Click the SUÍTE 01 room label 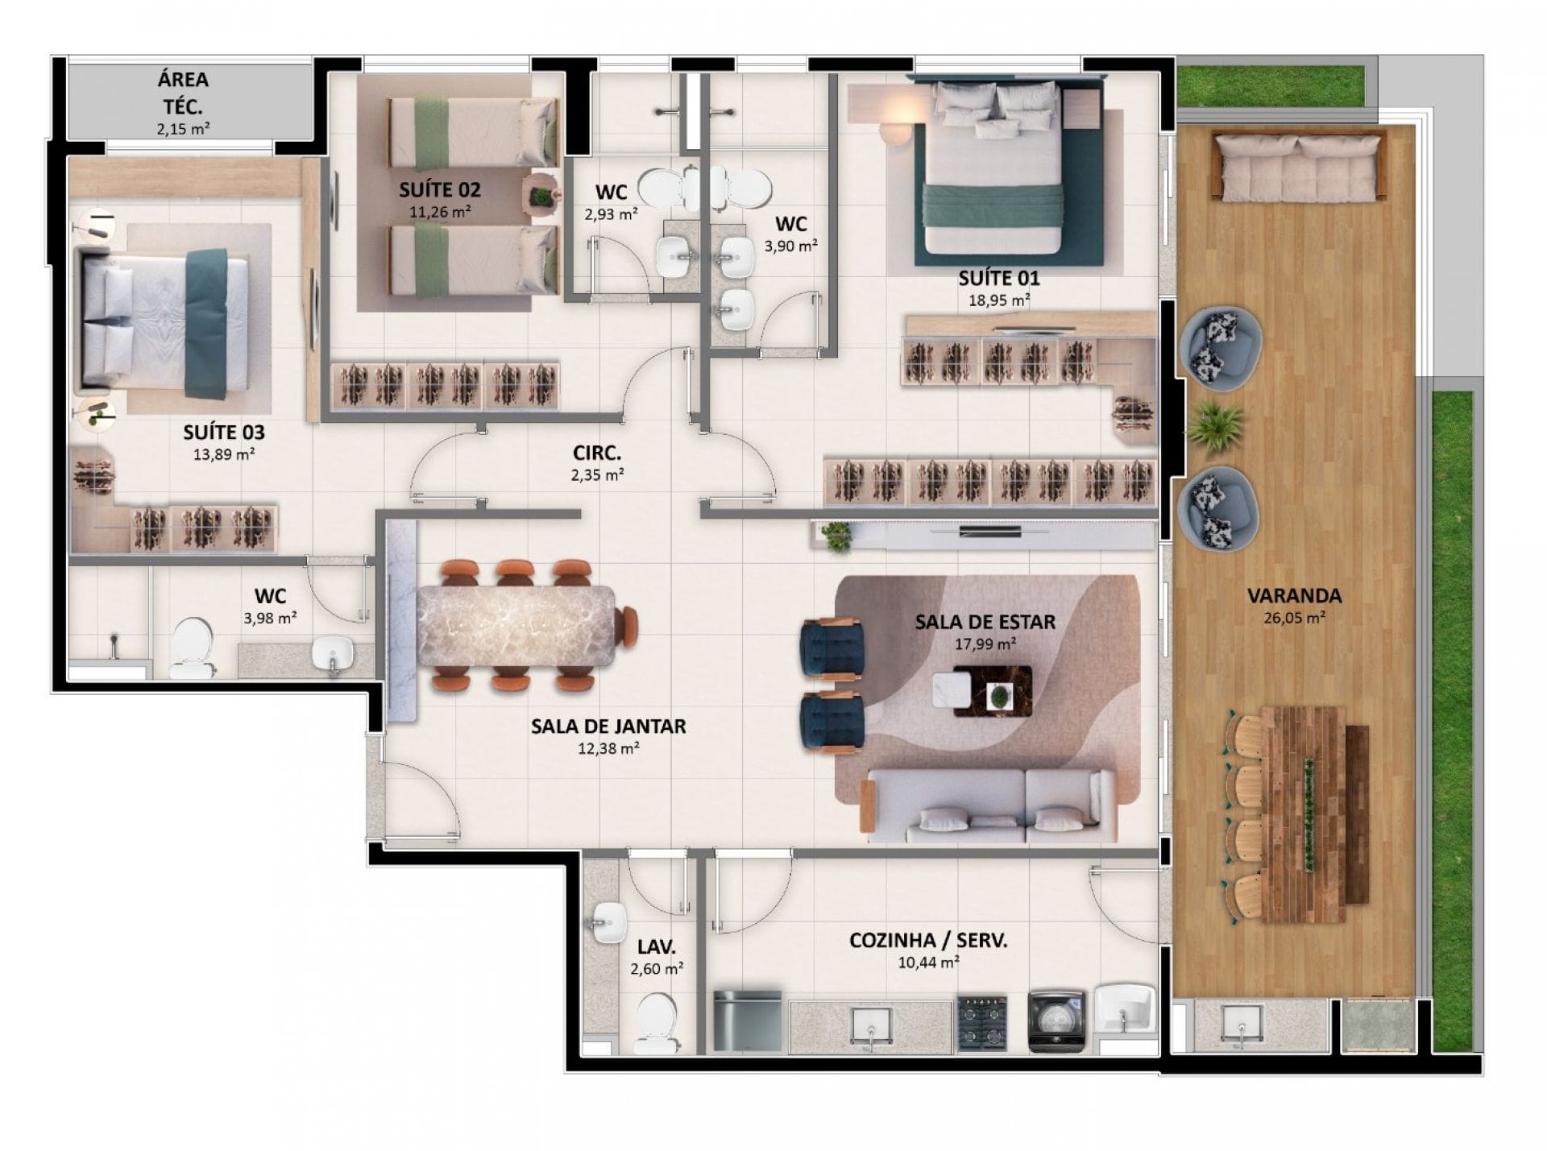click(x=998, y=279)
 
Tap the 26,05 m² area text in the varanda click(x=1295, y=619)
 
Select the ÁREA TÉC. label click(x=183, y=93)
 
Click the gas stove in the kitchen click(x=982, y=1024)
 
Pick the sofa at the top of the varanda click(x=1299, y=168)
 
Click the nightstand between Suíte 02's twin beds click(x=541, y=196)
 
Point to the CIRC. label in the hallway click(x=597, y=453)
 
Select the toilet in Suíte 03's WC click(x=192, y=648)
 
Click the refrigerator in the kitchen click(x=748, y=1021)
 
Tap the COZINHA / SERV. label click(x=928, y=940)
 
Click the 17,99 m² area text click(x=985, y=644)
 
